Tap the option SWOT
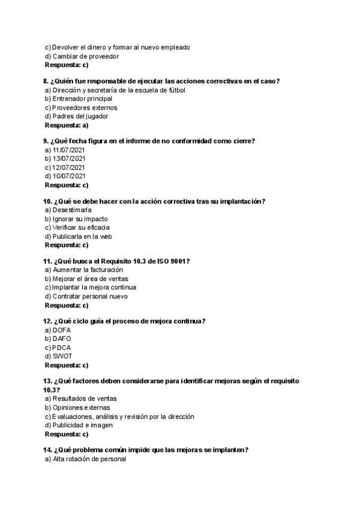click(62, 356)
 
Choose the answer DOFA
click(62, 330)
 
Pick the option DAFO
click(62, 339)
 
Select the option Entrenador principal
click(82, 98)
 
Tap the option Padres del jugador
click(80, 116)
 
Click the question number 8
click(46, 81)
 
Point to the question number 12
click(47, 321)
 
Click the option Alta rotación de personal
click(89, 459)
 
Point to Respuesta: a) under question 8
click(67, 125)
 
